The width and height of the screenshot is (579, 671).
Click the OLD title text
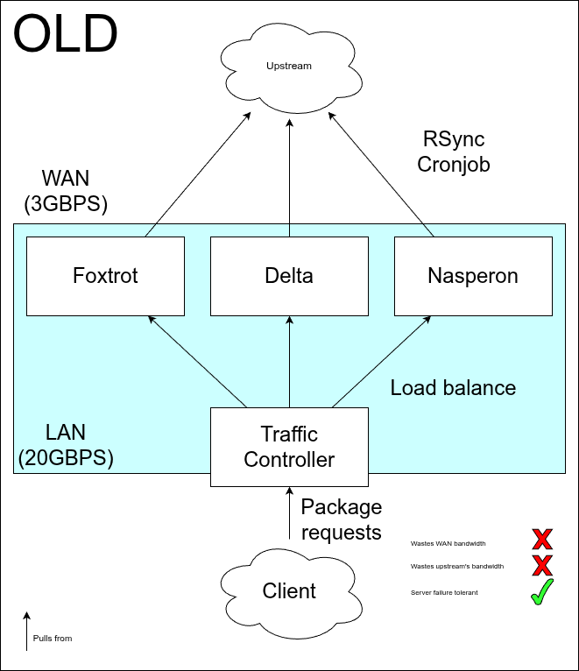66,34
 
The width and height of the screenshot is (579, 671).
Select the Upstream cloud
289,67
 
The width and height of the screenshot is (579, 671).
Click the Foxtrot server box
105,276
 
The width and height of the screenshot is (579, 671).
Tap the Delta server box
289,276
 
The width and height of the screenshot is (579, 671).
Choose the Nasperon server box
473,276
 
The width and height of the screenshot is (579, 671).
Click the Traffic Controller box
289,447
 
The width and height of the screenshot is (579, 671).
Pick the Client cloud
289,590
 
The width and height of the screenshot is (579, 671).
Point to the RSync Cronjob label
453,152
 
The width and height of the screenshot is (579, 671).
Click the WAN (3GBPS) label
66,192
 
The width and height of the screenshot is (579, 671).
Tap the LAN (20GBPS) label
66,444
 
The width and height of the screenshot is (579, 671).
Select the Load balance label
453,387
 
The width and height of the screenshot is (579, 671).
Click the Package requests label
342,519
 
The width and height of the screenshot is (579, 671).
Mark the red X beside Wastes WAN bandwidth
542,539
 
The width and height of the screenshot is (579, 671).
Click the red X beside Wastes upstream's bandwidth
542,566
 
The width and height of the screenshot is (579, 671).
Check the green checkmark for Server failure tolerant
542,593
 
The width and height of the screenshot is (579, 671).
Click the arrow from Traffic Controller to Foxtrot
199,362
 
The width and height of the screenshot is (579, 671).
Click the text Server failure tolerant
444,593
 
